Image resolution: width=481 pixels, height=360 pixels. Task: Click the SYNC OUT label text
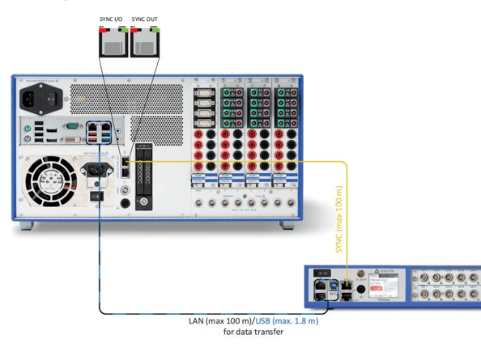144,19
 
